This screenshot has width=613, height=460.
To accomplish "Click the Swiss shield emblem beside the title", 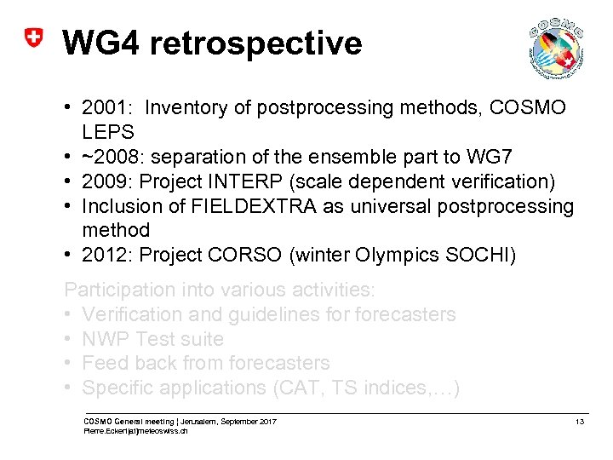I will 32,40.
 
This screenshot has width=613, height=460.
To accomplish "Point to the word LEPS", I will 108,132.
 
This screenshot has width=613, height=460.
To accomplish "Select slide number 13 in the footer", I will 580,422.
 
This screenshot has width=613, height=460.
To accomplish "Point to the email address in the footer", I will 135,431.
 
